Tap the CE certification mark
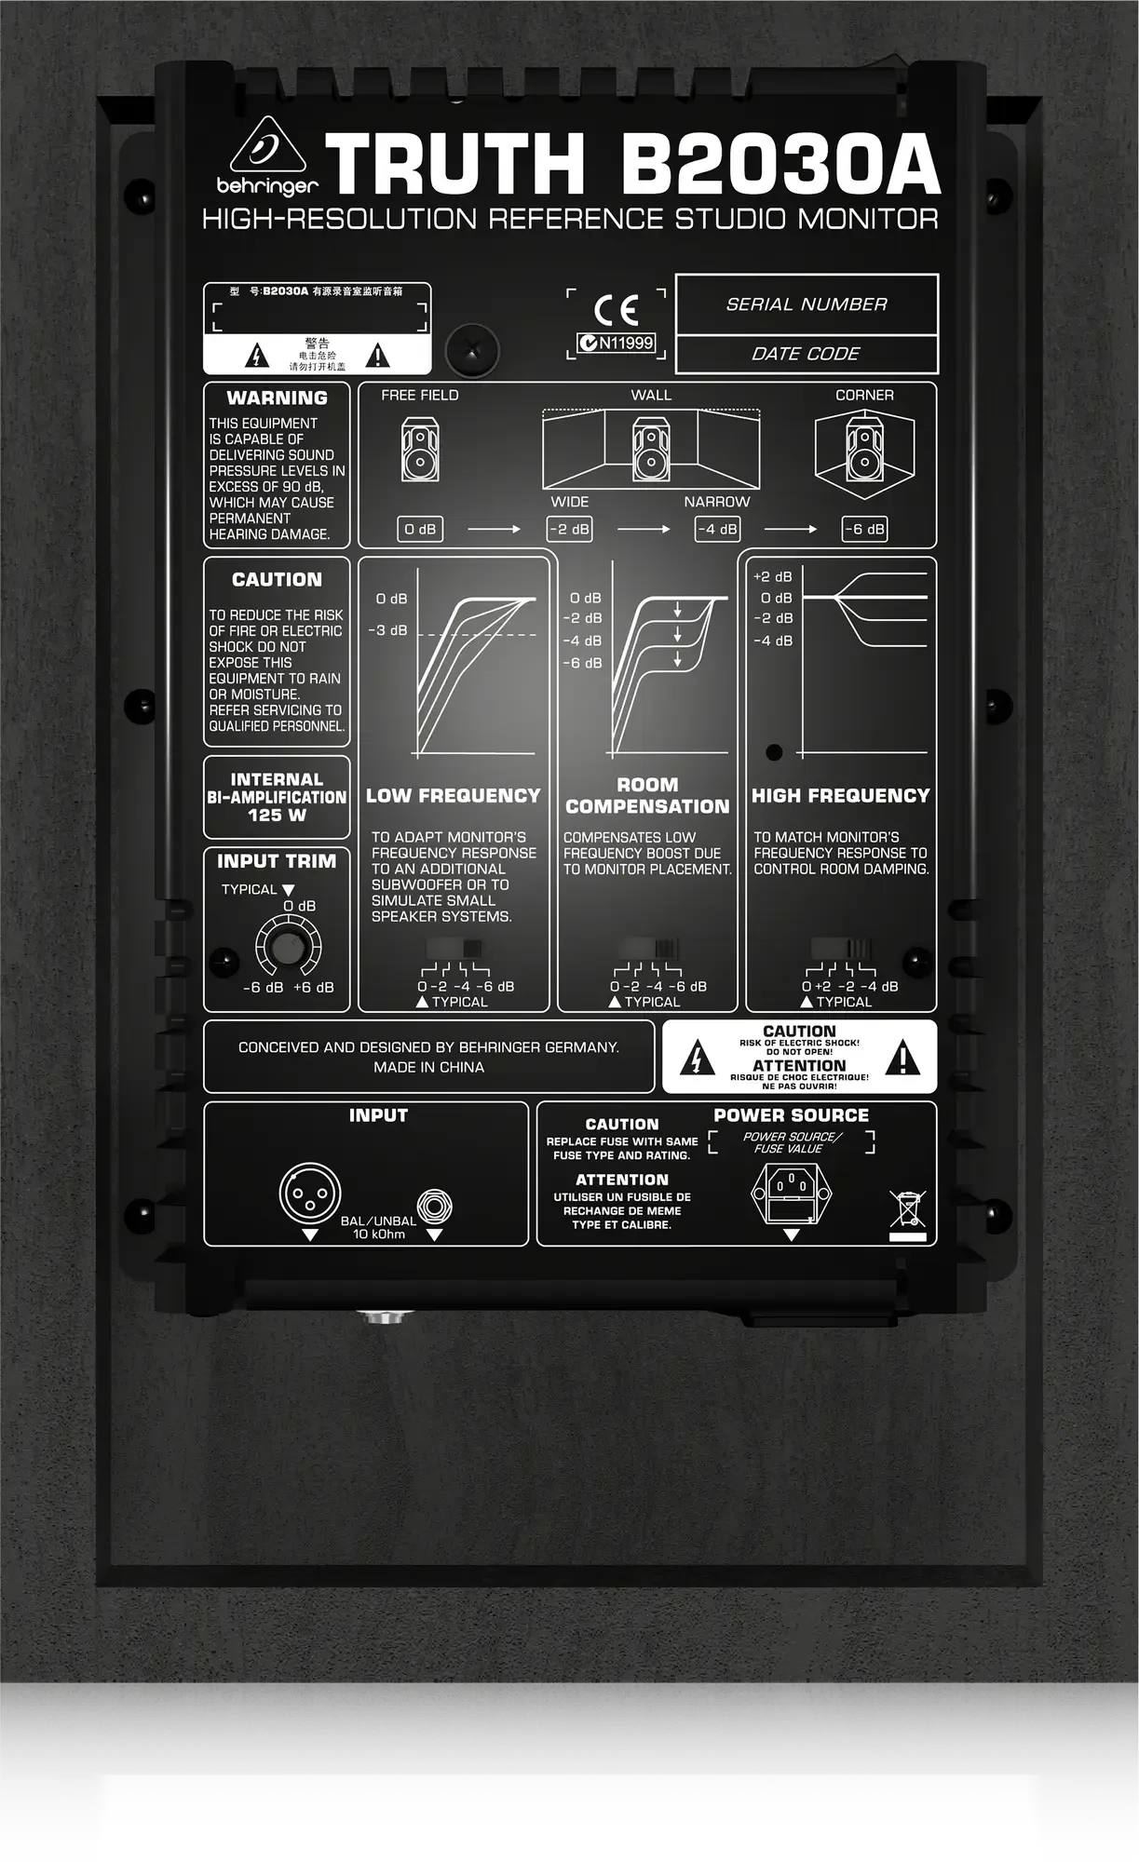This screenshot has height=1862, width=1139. (617, 310)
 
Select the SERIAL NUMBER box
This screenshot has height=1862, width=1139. (806, 304)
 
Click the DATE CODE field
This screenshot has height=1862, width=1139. (806, 354)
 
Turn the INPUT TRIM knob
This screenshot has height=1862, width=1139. (288, 947)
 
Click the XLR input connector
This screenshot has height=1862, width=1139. (309, 1194)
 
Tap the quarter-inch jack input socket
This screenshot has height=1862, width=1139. (434, 1208)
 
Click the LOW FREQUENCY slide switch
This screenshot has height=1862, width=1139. (455, 949)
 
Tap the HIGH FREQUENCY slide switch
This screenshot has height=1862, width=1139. (841, 949)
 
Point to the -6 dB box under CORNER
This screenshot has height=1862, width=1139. (864, 529)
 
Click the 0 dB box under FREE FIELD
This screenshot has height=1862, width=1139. (420, 529)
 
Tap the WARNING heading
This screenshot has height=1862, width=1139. (277, 398)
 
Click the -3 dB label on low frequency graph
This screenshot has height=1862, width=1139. (387, 630)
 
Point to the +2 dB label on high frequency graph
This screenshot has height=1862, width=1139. (773, 577)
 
